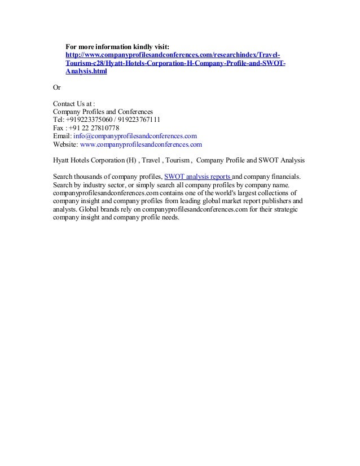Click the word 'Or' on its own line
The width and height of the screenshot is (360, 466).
click(x=56, y=88)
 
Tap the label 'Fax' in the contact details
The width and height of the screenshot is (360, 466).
click(x=59, y=128)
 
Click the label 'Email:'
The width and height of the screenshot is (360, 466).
click(x=62, y=136)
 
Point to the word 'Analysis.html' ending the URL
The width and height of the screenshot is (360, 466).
click(x=85, y=72)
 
